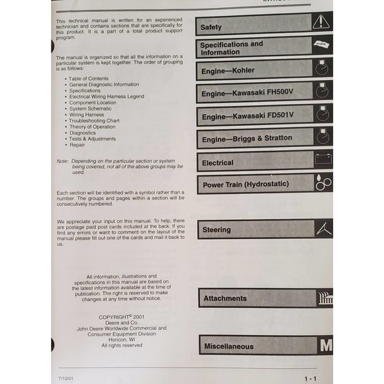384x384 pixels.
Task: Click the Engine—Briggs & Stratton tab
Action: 255,139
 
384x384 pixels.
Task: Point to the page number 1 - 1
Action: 310,378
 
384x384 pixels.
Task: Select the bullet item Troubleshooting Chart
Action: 94,120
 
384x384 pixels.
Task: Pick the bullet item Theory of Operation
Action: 92,126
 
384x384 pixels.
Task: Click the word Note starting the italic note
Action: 62,161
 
